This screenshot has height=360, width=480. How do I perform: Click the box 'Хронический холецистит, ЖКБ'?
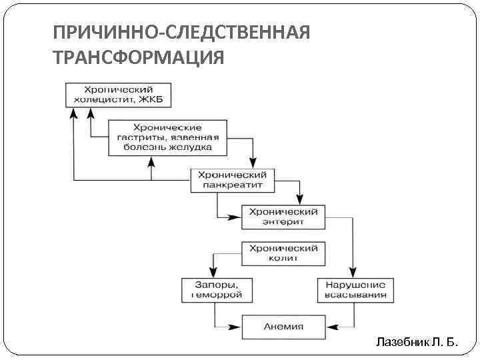(118, 95)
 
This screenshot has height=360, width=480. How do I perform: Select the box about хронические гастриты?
(167, 137)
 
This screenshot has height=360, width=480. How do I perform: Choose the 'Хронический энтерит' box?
(283, 216)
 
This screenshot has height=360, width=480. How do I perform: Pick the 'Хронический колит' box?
(283, 253)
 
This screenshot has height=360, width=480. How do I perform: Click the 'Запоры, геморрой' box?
(215, 289)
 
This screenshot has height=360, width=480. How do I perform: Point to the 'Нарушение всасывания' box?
(355, 289)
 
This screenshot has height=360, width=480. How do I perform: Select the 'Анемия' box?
(283, 327)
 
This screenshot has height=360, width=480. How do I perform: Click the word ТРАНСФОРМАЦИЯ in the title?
(138, 58)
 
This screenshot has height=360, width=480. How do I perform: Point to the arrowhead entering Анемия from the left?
(236, 327)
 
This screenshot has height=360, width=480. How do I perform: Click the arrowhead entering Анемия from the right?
(331, 327)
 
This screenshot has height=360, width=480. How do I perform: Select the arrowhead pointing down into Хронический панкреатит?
(253, 163)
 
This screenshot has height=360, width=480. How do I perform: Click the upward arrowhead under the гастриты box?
(153, 161)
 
